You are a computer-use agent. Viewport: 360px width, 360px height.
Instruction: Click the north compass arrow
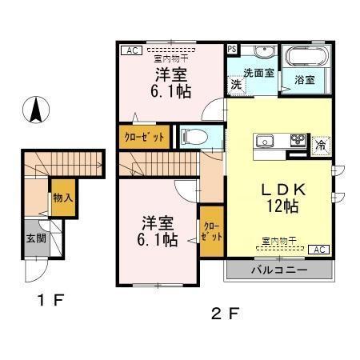(36, 110)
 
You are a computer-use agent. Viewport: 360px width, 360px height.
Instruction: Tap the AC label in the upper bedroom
(128, 50)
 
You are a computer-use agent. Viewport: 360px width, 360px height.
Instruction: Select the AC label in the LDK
(318, 250)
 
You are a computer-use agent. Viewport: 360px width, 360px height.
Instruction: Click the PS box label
(231, 49)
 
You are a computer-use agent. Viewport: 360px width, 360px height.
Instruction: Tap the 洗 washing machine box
(236, 83)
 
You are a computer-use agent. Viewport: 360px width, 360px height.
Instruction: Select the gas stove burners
(298, 141)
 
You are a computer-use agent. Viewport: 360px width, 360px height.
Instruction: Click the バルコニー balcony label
(280, 270)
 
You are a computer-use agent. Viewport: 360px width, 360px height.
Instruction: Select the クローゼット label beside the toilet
(144, 137)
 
